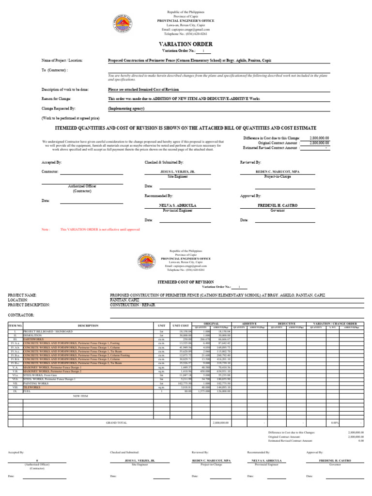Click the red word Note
pos(46,229)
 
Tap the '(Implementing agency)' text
pos(126,108)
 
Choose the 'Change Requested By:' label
pos(59,108)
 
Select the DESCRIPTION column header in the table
pos(88,325)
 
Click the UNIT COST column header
pos(179,325)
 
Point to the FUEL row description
pos(28,391)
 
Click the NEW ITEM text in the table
pos(80,396)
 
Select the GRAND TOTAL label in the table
pos(117,422)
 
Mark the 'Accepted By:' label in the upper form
pos(52,163)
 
